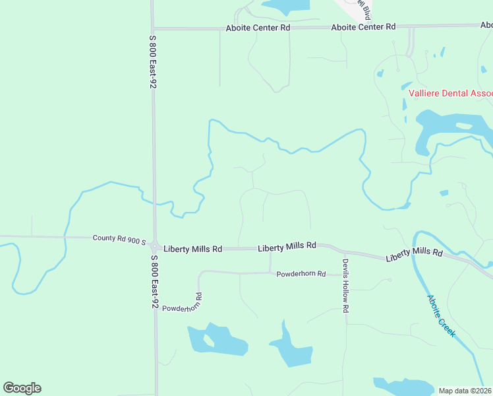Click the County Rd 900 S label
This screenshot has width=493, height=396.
(x=119, y=238)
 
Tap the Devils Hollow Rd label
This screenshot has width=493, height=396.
(x=345, y=280)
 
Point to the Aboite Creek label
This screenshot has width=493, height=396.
(x=440, y=316)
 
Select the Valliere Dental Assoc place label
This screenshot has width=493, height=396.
(x=449, y=93)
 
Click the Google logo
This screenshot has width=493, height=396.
(x=22, y=388)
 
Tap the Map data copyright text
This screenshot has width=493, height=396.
(x=465, y=391)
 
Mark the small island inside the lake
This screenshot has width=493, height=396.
(x=209, y=341)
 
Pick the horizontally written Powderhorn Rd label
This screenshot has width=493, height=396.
(x=301, y=274)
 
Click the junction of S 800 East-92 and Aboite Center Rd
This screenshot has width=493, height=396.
(x=152, y=28)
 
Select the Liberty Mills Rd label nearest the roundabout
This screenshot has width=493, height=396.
(x=194, y=249)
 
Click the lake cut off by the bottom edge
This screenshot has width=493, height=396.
(x=395, y=387)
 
